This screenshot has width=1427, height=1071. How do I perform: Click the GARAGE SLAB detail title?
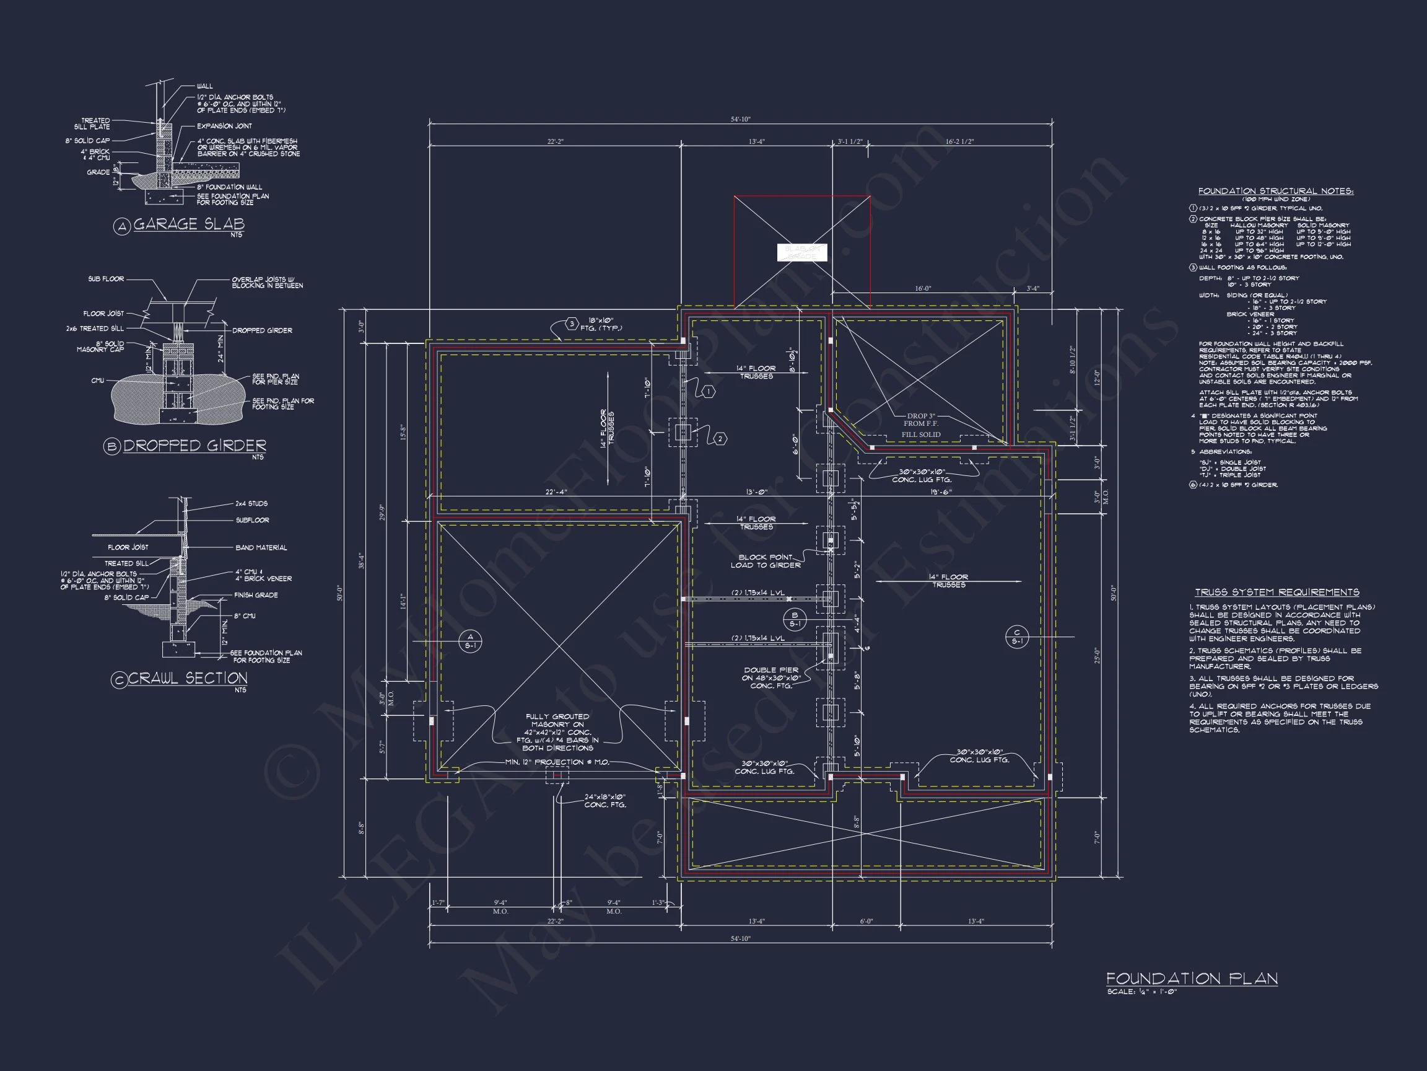click(188, 224)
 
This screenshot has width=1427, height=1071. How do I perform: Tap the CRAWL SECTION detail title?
click(188, 678)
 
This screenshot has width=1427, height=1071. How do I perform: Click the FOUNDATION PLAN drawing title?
click(1192, 979)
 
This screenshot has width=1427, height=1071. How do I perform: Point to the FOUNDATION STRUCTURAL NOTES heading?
click(1275, 191)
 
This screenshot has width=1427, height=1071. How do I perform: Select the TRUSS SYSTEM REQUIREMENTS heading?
click(1276, 592)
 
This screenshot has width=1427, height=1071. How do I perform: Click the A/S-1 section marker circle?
click(470, 641)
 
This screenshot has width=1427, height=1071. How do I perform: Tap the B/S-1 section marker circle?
click(795, 619)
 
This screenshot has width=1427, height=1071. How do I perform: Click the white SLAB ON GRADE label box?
click(801, 252)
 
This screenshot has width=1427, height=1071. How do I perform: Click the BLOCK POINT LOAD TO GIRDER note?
click(766, 561)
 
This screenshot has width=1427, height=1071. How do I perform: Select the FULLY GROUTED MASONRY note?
click(557, 732)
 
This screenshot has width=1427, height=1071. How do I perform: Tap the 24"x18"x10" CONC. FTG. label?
click(604, 801)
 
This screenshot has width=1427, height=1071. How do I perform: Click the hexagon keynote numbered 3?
click(572, 324)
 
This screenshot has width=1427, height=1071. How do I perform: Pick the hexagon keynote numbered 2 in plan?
click(720, 439)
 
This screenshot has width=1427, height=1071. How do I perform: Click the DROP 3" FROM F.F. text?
click(920, 420)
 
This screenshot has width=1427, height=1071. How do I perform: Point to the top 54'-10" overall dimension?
click(741, 120)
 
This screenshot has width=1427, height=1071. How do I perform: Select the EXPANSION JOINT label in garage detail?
click(224, 126)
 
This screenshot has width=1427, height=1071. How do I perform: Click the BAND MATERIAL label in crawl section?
click(261, 547)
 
